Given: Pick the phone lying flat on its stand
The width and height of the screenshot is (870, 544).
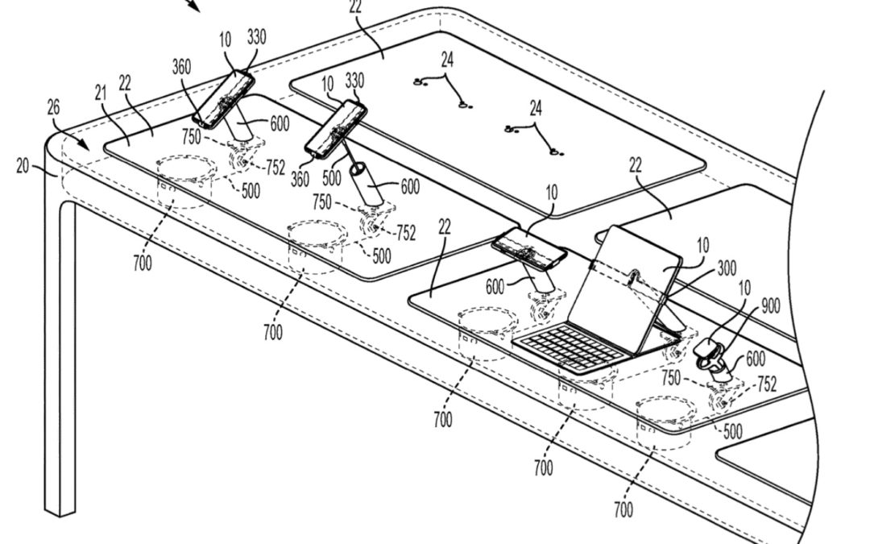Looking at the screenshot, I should (x=529, y=249).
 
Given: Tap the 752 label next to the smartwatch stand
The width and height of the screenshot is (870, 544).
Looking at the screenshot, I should (x=765, y=384).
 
